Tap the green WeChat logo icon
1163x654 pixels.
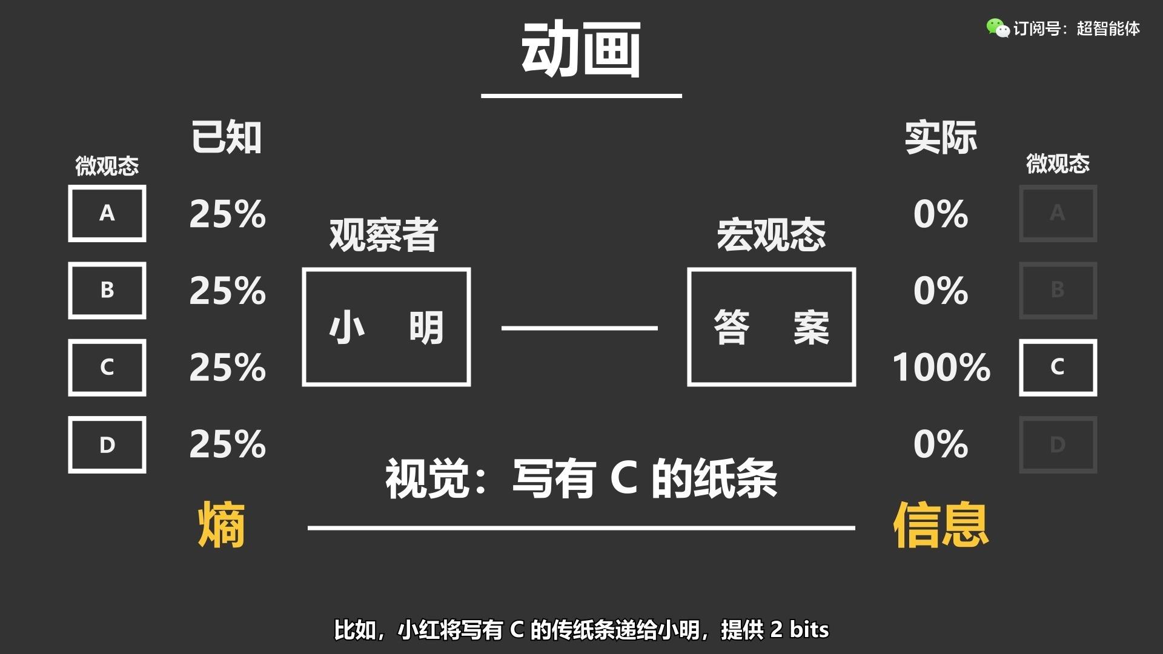point(997,28)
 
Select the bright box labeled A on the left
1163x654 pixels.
point(107,213)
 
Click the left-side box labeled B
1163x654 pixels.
point(107,290)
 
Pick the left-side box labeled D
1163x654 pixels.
point(107,444)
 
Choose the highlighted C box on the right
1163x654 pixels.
point(1058,367)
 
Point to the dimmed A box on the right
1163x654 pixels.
point(1058,213)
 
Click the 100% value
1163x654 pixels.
point(941,367)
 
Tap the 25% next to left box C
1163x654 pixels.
point(227,367)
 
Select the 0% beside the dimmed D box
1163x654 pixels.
point(941,444)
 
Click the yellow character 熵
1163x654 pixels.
point(222,525)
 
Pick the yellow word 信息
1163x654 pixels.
point(941,525)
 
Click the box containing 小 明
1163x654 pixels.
point(386,327)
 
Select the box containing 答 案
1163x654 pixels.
point(771,327)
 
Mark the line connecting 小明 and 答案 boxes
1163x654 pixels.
point(579,328)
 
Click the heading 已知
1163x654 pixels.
point(227,137)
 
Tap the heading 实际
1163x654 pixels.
point(941,137)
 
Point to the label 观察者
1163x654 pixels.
point(383,235)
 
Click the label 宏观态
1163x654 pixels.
point(771,235)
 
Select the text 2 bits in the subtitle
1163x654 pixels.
point(799,630)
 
